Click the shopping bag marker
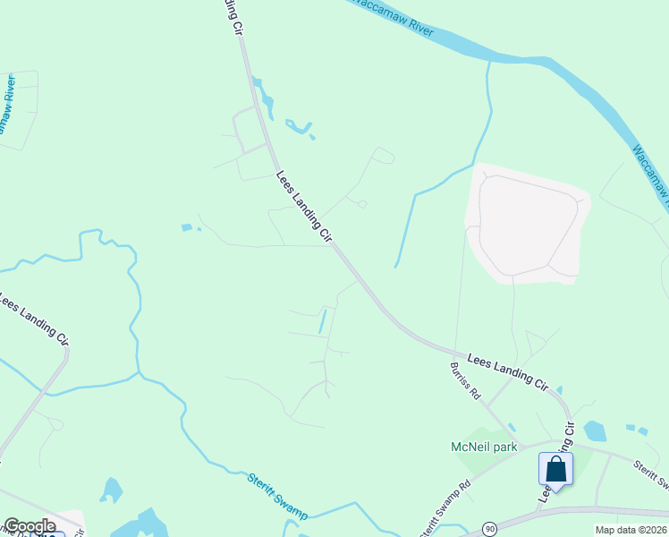555,470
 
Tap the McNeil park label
484,447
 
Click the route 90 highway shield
490,529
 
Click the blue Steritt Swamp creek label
277,495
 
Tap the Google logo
30,526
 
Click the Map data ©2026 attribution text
631,530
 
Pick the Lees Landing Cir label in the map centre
304,207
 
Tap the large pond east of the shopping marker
595,431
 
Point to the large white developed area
525,224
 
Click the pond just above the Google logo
111,490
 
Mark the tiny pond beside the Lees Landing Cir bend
559,390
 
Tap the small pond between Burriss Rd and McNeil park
511,427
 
